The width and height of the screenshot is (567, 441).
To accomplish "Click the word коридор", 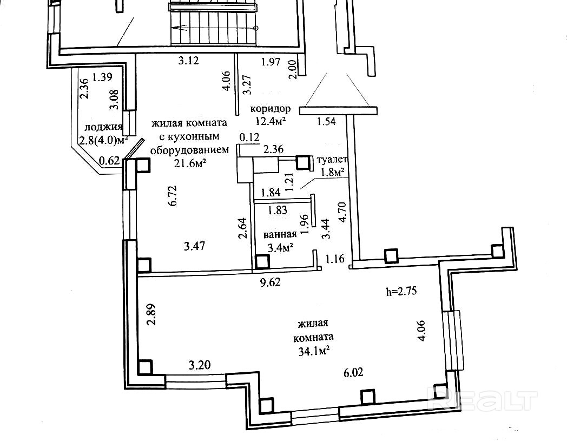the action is tap(271, 109).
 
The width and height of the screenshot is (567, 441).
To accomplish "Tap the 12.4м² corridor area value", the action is tap(271, 120).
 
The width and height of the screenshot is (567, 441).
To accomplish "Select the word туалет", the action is tap(332, 159).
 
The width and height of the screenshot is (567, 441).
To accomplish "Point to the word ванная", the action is tap(280, 234).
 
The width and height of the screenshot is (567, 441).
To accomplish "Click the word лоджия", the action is tap(103, 127).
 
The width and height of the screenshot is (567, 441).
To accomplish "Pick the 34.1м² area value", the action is tap(313, 351).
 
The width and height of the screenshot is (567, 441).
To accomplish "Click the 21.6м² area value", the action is tap(190, 163).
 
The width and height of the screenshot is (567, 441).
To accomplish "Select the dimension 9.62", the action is tap(271, 282).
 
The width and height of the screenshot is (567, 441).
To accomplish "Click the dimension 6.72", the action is tap(172, 196).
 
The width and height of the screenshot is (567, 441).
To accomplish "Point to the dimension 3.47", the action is tap(194, 246).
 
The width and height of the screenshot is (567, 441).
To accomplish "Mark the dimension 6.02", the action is tap(353, 372).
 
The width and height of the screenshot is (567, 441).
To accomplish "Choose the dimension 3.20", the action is tap(200, 364).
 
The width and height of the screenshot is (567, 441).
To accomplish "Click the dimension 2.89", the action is tap(152, 314).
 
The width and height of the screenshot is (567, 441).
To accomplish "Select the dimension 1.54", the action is tap(326, 122).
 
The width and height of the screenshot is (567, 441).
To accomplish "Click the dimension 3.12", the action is tap(189, 60).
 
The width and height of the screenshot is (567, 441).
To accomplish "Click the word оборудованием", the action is tap(189, 150).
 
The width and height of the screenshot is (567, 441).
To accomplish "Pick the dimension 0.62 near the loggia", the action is tap(110, 160).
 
